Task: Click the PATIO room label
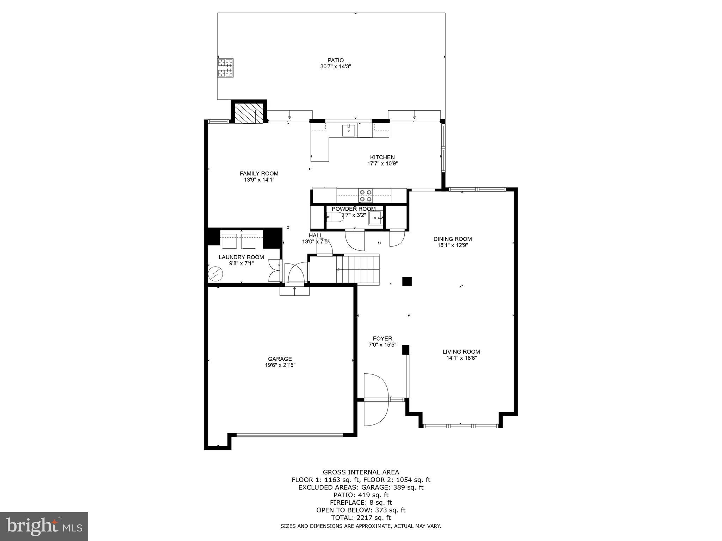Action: pyautogui.click(x=335, y=60)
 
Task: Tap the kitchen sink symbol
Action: pyautogui.click(x=349, y=130)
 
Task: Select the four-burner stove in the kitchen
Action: pyautogui.click(x=366, y=195)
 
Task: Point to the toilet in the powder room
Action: pyautogui.click(x=335, y=217)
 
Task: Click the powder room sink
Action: pyautogui.click(x=375, y=218)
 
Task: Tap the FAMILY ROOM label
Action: pyautogui.click(x=259, y=173)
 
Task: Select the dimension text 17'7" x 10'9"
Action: pyautogui.click(x=383, y=163)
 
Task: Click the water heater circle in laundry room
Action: pyautogui.click(x=215, y=274)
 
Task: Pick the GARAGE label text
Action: pyautogui.click(x=280, y=359)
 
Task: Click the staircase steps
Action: pyautogui.click(x=357, y=269)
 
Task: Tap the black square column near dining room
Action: pyautogui.click(x=407, y=281)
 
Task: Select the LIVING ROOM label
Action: pyautogui.click(x=461, y=352)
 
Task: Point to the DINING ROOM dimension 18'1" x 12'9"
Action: pyautogui.click(x=453, y=245)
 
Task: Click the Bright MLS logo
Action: pyautogui.click(x=44, y=527)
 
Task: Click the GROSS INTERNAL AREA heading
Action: pyautogui.click(x=361, y=472)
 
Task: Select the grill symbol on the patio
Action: pyautogui.click(x=225, y=68)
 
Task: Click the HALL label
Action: pyautogui.click(x=316, y=235)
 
